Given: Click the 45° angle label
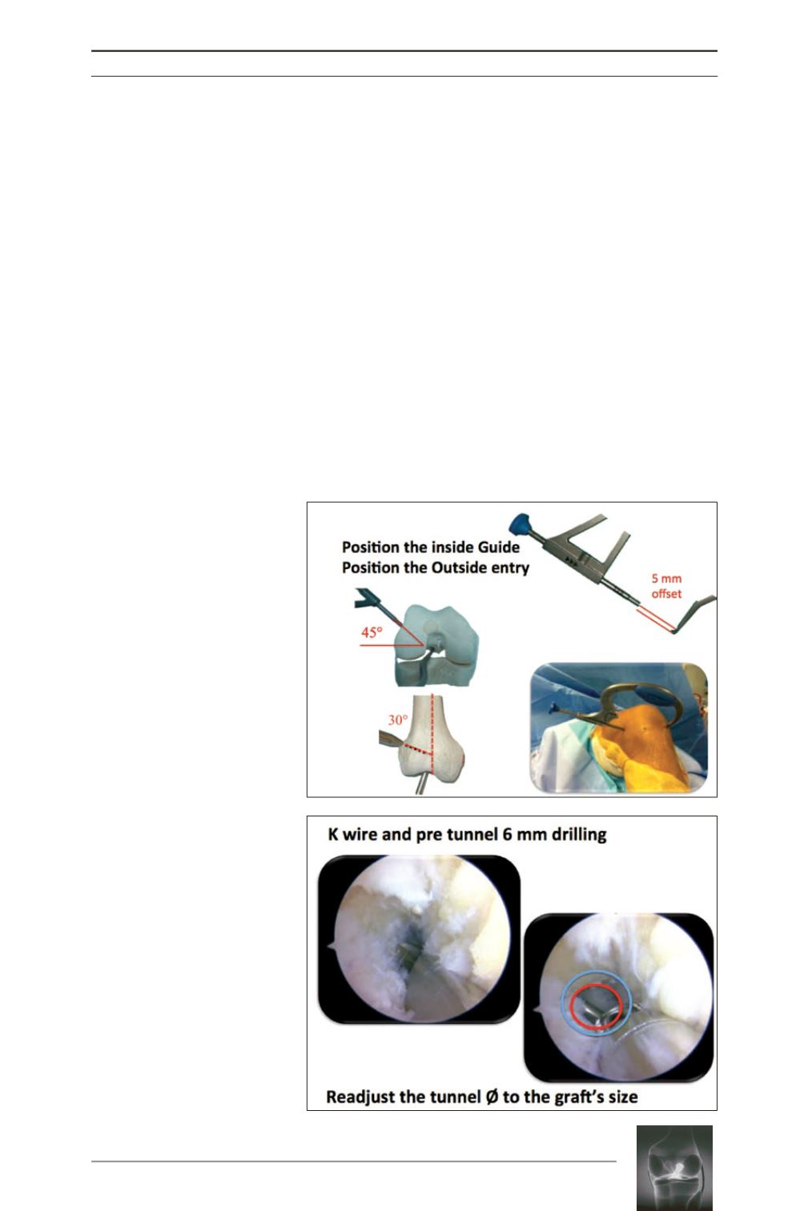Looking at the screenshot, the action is tap(372, 632).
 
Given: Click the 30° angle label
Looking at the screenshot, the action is tap(397, 720).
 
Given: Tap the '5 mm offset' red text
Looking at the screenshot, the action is tap(666, 586).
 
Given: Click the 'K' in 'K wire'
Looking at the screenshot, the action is tap(333, 834).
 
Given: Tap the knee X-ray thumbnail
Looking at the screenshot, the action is tap(674, 1168).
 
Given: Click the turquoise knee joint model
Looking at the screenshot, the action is tap(436, 646).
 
